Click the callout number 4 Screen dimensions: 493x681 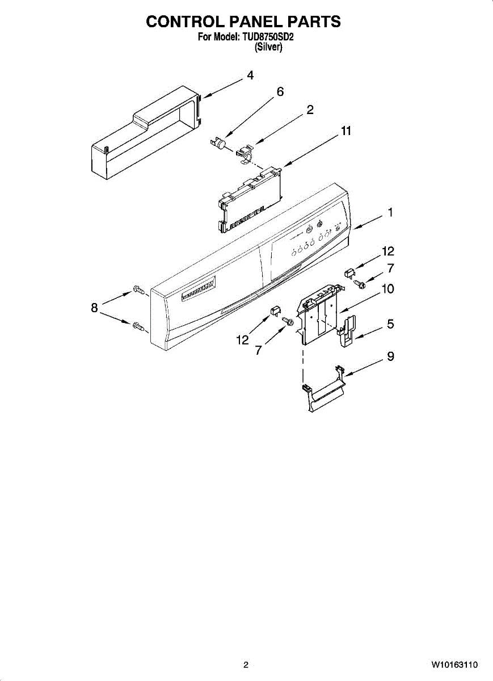point(250,75)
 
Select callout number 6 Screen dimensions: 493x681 point(280,92)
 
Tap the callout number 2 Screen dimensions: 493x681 point(310,110)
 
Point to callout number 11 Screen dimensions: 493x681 point(346,131)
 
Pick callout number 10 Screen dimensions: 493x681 point(387,288)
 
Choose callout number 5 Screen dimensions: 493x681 point(390,324)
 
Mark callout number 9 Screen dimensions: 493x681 point(390,356)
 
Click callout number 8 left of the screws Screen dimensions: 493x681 point(95,308)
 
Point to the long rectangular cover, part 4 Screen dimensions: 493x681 point(142,133)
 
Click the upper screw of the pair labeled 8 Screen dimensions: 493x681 point(138,291)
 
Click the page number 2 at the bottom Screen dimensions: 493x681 point(246,665)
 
